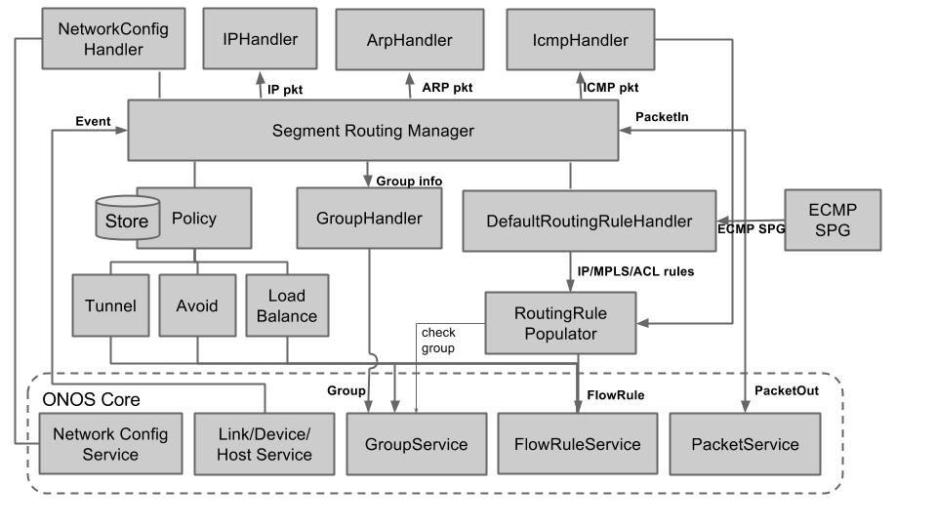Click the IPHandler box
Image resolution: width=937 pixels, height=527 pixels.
click(260, 40)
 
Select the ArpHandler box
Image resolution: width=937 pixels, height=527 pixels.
click(409, 40)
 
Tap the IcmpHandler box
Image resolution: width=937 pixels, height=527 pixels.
click(581, 40)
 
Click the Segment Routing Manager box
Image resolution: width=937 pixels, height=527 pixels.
click(373, 131)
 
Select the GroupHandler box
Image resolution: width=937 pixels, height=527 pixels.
click(369, 219)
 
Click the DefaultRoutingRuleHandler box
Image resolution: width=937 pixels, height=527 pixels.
click(589, 222)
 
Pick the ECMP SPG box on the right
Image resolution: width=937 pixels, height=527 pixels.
click(833, 220)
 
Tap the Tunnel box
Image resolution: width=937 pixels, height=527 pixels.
click(110, 305)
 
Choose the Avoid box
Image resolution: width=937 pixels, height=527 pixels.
click(197, 305)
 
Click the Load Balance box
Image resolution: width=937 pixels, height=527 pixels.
click(286, 305)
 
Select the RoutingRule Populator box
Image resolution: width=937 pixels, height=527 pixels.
click(560, 324)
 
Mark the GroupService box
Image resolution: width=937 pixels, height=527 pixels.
click(416, 444)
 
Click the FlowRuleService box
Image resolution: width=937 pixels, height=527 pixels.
click(577, 444)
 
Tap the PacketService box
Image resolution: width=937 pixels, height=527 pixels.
click(745, 444)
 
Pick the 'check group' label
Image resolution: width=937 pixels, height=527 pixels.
click(438, 341)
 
